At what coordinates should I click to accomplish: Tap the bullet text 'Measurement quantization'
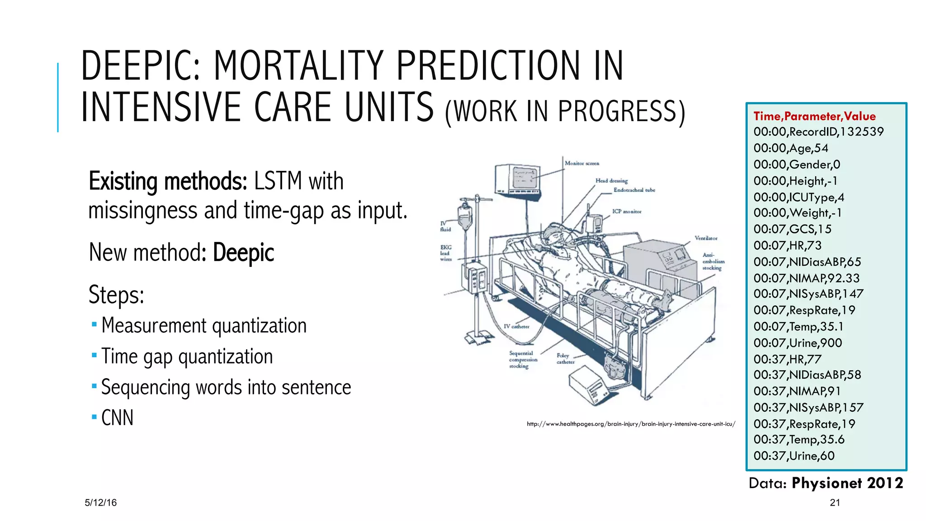204,326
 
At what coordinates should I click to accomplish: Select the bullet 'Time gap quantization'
187,356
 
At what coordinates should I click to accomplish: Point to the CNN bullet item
118,418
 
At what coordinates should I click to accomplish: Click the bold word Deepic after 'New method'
243,252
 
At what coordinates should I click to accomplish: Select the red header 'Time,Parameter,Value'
814,116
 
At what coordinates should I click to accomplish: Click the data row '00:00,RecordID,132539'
818,132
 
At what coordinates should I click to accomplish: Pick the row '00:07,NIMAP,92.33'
806,278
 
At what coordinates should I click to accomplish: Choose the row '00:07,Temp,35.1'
798,327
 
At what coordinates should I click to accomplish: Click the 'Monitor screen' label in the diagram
581,163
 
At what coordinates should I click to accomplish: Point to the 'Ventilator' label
706,238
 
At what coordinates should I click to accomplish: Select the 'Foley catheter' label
565,359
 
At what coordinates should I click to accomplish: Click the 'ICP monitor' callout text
627,211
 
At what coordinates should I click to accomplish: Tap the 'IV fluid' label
445,227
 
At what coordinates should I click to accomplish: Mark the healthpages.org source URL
631,424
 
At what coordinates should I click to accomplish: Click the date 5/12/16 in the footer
100,502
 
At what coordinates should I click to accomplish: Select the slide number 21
835,502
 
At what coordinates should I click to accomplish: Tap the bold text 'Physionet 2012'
847,483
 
